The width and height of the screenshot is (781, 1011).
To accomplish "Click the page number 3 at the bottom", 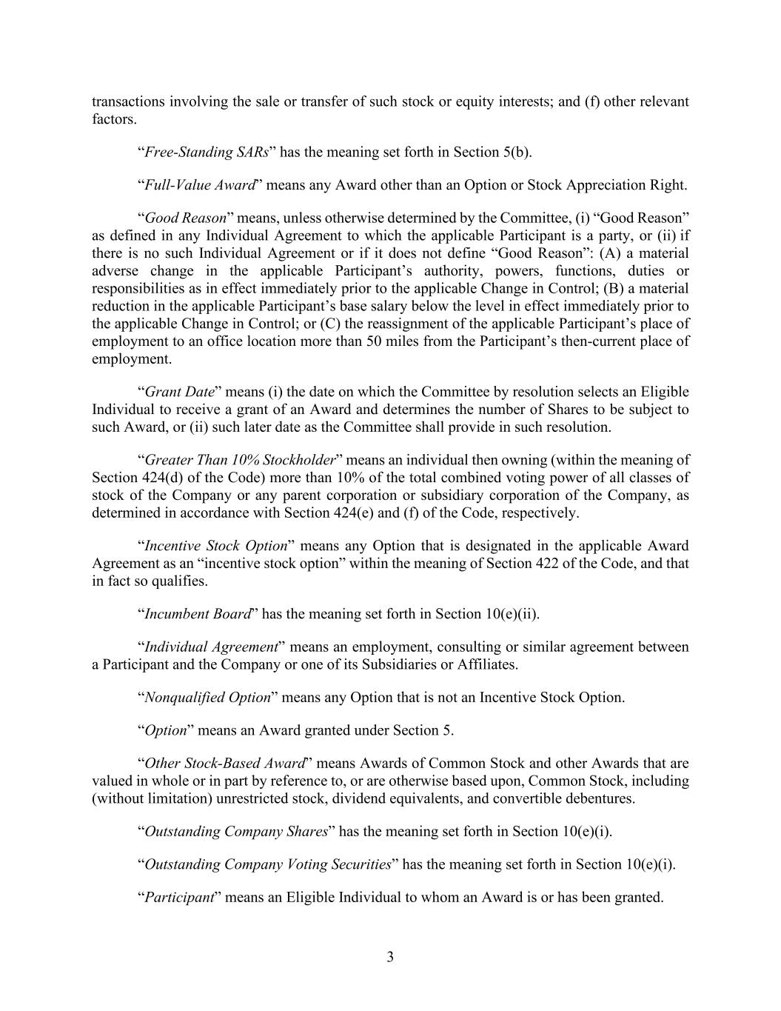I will (x=390, y=957).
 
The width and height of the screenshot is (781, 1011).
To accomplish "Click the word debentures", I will (x=598, y=799).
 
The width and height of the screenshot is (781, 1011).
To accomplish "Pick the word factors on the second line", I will (x=113, y=119).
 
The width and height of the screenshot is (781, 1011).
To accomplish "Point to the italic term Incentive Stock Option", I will (x=215, y=547).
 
